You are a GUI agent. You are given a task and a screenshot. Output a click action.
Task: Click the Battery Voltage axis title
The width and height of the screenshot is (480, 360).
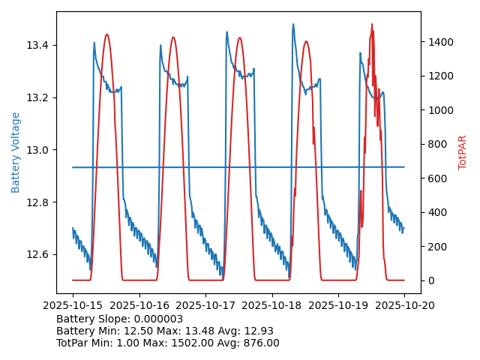[16, 152]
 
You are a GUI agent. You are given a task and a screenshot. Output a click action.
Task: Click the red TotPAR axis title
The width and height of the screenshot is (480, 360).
[463, 152]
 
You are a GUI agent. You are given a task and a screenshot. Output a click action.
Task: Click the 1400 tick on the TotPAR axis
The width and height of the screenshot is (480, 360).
[440, 42]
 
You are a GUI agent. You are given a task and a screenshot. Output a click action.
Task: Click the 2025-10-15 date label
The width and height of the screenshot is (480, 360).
[73, 306]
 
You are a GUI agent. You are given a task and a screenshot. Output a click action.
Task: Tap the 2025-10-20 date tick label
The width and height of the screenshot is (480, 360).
[404, 306]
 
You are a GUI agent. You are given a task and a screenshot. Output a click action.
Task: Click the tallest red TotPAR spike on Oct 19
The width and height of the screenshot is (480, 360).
[371, 25]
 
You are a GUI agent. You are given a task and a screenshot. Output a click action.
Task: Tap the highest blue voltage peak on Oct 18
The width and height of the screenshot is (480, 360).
[293, 25]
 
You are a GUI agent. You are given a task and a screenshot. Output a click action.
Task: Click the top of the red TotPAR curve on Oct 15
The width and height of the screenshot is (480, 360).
[106, 34]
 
